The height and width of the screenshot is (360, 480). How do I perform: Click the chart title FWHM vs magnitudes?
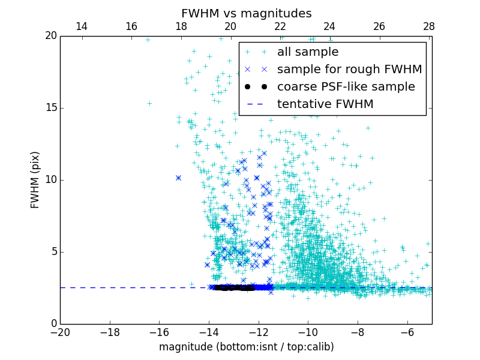246,13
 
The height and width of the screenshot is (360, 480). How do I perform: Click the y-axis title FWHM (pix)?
35,179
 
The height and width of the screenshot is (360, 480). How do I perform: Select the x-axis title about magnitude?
246,347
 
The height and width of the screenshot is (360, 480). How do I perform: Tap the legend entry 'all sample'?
307,52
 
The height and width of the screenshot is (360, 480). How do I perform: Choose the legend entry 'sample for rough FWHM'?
349,70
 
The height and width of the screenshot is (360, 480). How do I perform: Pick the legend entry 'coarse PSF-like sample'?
346,87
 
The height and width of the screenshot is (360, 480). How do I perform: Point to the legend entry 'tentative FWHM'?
325,104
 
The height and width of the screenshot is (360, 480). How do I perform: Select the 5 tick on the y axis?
53,252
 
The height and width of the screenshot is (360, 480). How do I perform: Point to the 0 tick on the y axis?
53,324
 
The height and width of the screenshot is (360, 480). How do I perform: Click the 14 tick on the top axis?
82,26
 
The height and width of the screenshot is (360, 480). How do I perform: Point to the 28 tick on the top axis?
429,26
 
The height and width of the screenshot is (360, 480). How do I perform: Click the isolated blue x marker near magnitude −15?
178,178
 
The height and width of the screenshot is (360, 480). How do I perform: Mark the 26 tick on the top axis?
379,26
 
